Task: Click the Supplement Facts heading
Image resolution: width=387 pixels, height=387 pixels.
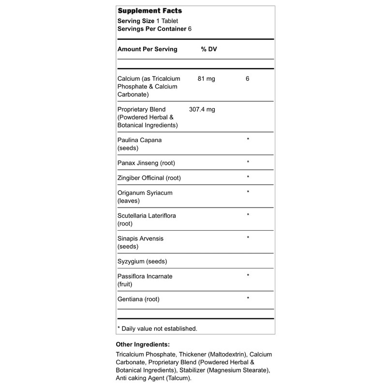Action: pos(150,11)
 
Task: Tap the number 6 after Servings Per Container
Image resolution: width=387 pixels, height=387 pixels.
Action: pos(190,29)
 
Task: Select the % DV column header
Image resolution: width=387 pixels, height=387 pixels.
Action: pos(209,49)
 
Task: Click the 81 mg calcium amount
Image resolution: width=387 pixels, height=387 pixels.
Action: pos(207,78)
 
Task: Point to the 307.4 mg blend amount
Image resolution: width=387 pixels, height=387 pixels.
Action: pos(202,109)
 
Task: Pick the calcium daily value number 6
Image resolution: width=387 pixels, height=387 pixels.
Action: pos(247,78)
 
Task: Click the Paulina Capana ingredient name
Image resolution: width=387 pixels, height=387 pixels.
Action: pos(140,140)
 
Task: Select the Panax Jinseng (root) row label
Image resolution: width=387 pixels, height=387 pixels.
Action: pos(148,162)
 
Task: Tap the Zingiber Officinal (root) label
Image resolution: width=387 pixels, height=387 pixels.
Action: pos(149,178)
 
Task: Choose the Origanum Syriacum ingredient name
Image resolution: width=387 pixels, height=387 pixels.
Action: pos(145,193)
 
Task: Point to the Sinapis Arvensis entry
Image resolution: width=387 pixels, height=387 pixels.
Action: pos(141,238)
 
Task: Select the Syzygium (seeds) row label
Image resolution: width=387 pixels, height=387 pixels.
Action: pos(142,261)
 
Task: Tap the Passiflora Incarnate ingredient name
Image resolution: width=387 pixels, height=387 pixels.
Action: pos(145,276)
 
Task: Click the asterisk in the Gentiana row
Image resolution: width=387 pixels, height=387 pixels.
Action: pos(248,299)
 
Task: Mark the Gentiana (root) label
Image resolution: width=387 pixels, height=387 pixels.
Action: pos(138,299)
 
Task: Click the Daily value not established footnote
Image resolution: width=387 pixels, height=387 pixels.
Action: pos(157,328)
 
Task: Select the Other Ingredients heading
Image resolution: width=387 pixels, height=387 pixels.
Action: pos(143,344)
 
